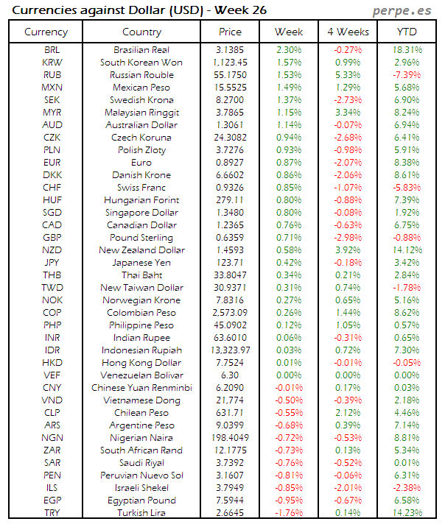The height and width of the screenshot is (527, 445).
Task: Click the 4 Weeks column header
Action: (x=347, y=32)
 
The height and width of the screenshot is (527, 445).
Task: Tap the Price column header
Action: (x=230, y=32)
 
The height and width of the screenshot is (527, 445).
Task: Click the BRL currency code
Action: (x=52, y=49)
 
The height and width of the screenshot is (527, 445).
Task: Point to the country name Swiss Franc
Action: (x=141, y=188)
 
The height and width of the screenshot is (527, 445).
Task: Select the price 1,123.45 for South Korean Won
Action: (x=230, y=62)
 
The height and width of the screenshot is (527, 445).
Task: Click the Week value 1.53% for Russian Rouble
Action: (x=288, y=74)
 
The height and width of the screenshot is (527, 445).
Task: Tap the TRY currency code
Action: (x=52, y=513)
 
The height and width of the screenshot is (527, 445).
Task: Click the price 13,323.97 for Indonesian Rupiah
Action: (x=230, y=350)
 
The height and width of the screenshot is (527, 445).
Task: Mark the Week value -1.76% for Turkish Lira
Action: (x=288, y=513)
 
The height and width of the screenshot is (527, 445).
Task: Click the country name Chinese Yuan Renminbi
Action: (x=141, y=387)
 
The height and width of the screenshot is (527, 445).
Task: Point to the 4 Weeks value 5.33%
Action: (x=347, y=74)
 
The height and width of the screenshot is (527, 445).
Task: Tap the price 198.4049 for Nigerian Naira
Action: (x=230, y=437)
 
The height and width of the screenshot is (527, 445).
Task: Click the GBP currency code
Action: (x=52, y=238)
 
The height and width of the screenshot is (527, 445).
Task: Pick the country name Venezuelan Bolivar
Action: (x=141, y=375)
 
